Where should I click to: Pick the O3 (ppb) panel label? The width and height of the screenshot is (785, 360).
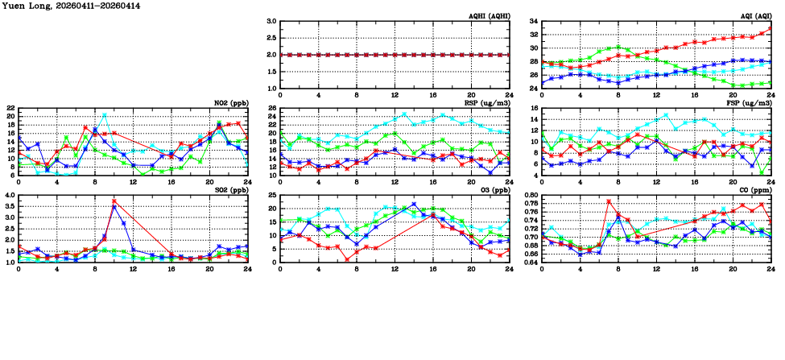click(495, 190)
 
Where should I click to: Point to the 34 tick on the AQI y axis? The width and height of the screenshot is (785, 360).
click(532, 22)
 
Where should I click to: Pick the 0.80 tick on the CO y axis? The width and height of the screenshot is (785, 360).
click(530, 196)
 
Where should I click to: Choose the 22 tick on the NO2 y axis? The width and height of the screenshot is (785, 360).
click(10, 109)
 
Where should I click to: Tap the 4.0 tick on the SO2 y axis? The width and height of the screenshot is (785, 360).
click(9, 196)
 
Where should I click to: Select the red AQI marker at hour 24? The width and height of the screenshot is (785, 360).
click(771, 29)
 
